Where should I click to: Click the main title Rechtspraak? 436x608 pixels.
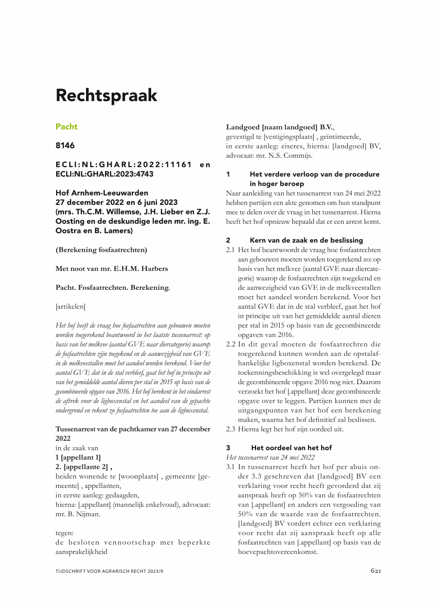(107, 96)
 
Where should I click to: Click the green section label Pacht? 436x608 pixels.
(67, 127)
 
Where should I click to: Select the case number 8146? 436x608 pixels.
(65, 146)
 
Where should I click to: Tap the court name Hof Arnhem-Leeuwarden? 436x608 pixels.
(102, 193)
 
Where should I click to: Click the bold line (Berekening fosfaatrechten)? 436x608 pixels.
(101, 249)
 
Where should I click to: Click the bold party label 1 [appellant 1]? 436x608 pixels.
(78, 457)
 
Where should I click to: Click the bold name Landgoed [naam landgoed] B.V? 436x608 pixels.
(280, 127)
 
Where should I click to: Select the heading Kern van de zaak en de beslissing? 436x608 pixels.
(306, 240)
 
